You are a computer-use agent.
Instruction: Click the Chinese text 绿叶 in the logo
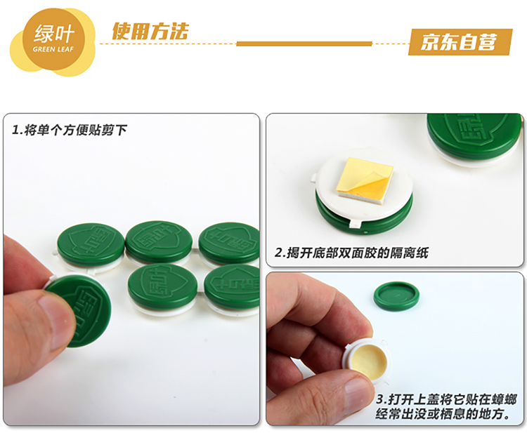[54, 34]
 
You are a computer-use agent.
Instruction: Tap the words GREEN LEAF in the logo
[53, 49]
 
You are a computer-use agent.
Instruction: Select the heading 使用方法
[150, 32]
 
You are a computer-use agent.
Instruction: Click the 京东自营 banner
[460, 42]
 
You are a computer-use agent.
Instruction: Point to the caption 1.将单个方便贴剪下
[70, 130]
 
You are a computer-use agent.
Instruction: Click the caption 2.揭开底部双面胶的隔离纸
[351, 253]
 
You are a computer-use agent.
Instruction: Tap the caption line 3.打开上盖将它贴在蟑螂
[446, 399]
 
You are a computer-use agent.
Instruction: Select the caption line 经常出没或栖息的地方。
[443, 414]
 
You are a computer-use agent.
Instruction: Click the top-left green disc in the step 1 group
[86, 245]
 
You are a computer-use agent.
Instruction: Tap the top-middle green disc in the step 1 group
[159, 241]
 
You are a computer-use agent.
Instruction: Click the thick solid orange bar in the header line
[304, 44]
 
